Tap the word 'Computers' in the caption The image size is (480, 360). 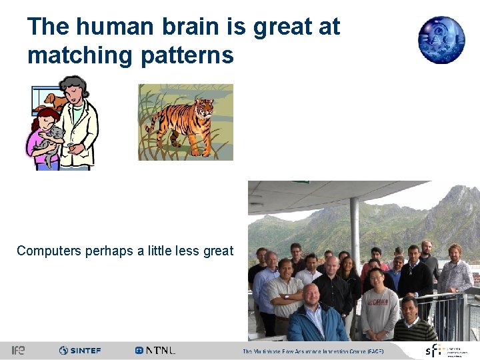pyautogui.click(x=49, y=251)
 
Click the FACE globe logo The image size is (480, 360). pyautogui.click(x=441, y=39)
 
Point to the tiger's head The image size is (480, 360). pyautogui.click(x=203, y=107)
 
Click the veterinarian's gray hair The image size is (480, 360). pyautogui.click(x=73, y=84)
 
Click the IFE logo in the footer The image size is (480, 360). pyautogui.click(x=18, y=350)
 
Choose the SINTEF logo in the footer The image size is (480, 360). pyautogui.click(x=80, y=350)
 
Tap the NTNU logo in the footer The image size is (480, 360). pyautogui.click(x=155, y=350)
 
